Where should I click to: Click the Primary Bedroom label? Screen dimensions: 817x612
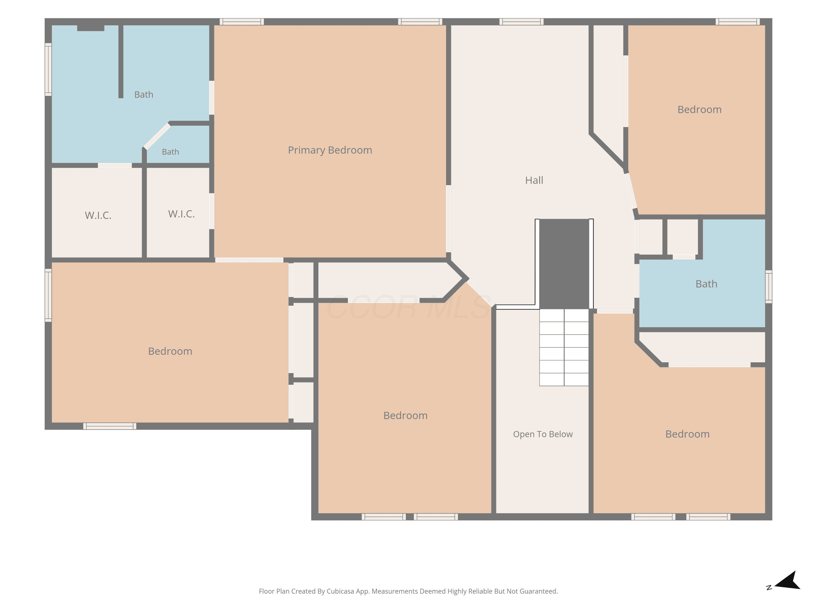(x=330, y=150)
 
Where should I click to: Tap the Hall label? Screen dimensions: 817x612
(x=534, y=180)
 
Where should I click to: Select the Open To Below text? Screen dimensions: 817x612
(x=542, y=434)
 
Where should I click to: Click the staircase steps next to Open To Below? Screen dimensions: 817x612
(x=564, y=348)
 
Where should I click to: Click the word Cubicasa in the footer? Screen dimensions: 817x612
(x=340, y=591)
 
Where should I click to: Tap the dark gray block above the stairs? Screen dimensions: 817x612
(x=564, y=264)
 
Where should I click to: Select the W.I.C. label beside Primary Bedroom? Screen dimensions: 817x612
(x=181, y=214)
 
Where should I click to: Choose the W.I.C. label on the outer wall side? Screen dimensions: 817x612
(x=98, y=215)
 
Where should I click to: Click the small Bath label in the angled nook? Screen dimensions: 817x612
(x=170, y=152)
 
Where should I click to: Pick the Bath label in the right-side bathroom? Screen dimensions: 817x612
(x=706, y=284)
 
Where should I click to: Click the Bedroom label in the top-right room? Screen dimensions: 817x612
(x=699, y=110)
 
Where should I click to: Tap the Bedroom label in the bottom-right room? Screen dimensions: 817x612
(x=687, y=434)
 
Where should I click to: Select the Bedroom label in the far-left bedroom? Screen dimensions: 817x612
(x=170, y=351)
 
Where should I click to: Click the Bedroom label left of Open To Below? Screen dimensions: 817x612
(x=405, y=416)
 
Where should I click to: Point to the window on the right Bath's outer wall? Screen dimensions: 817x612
(x=769, y=287)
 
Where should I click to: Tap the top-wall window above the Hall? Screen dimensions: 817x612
(x=521, y=22)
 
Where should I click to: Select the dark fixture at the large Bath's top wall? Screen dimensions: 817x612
(x=90, y=28)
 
